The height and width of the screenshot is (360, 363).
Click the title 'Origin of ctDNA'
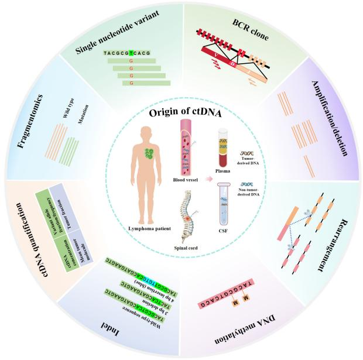click(182, 114)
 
